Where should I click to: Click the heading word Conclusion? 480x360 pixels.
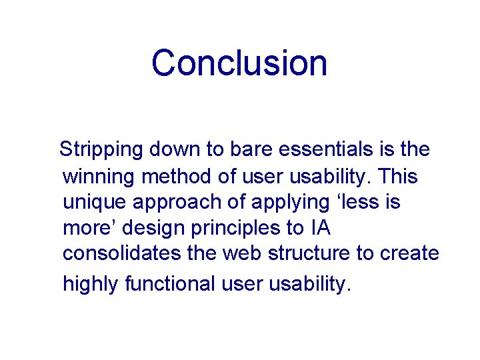pyautogui.click(x=239, y=63)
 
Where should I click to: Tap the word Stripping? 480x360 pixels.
pyautogui.click(x=101, y=150)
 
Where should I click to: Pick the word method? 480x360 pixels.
pyautogui.click(x=177, y=177)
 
